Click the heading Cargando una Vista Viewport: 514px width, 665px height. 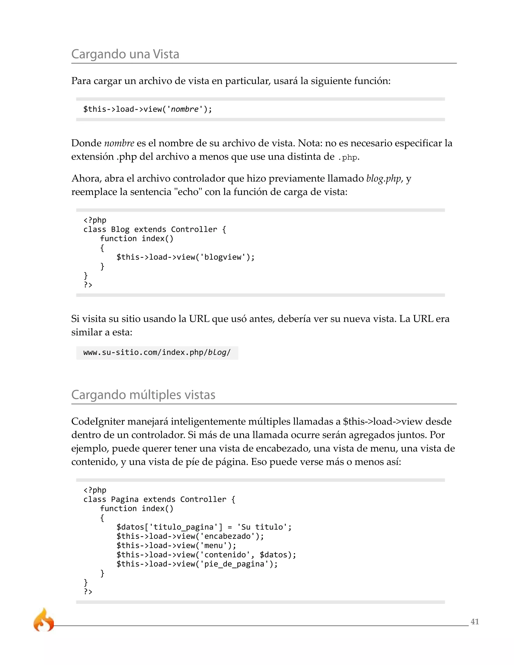(x=125, y=54)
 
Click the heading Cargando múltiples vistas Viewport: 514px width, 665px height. (x=143, y=395)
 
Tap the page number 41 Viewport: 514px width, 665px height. (x=474, y=621)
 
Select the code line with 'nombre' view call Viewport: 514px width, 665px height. (x=147, y=109)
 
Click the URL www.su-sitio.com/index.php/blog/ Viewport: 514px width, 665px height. (x=157, y=353)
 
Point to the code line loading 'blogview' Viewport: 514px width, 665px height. (x=185, y=257)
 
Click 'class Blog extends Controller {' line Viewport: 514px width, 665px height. (x=154, y=229)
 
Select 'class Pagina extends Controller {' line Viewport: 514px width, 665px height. (x=159, y=499)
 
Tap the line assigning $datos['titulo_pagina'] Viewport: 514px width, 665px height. (x=204, y=527)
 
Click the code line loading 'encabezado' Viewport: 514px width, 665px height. (x=190, y=536)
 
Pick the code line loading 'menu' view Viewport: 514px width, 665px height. (x=176, y=545)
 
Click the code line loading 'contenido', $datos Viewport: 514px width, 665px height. (x=206, y=555)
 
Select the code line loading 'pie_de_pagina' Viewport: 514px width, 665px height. (x=197, y=564)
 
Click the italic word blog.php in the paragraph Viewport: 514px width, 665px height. (x=383, y=178)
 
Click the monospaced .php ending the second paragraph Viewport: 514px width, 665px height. (x=348, y=157)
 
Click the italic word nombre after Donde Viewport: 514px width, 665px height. (x=119, y=143)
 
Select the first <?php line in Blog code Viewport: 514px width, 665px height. (x=95, y=220)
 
